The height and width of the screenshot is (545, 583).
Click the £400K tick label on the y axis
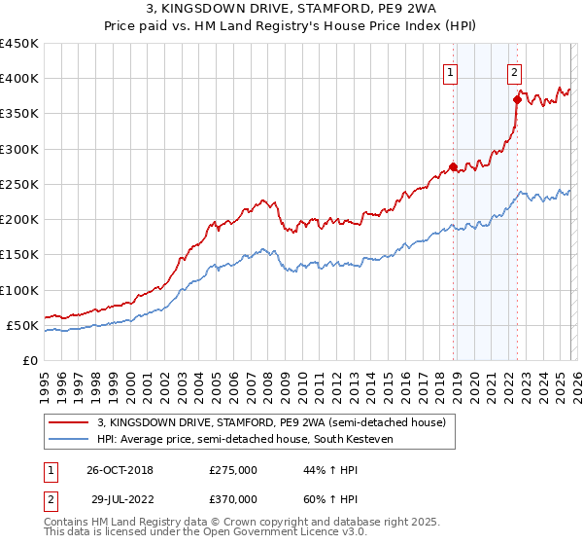pyautogui.click(x=19, y=79)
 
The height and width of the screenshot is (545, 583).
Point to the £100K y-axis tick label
pyautogui.click(x=19, y=290)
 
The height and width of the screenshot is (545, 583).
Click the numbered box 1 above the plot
pyautogui.click(x=452, y=70)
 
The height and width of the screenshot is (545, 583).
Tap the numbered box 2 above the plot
pyautogui.click(x=513, y=70)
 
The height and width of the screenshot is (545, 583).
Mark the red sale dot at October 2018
pyautogui.click(x=453, y=166)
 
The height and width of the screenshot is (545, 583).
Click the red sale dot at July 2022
pyautogui.click(x=517, y=99)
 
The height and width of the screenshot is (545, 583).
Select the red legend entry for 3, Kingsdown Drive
pyautogui.click(x=271, y=422)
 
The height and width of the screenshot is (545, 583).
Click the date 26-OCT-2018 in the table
pyautogui.click(x=119, y=470)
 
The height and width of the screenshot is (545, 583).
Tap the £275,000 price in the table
pyautogui.click(x=233, y=470)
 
